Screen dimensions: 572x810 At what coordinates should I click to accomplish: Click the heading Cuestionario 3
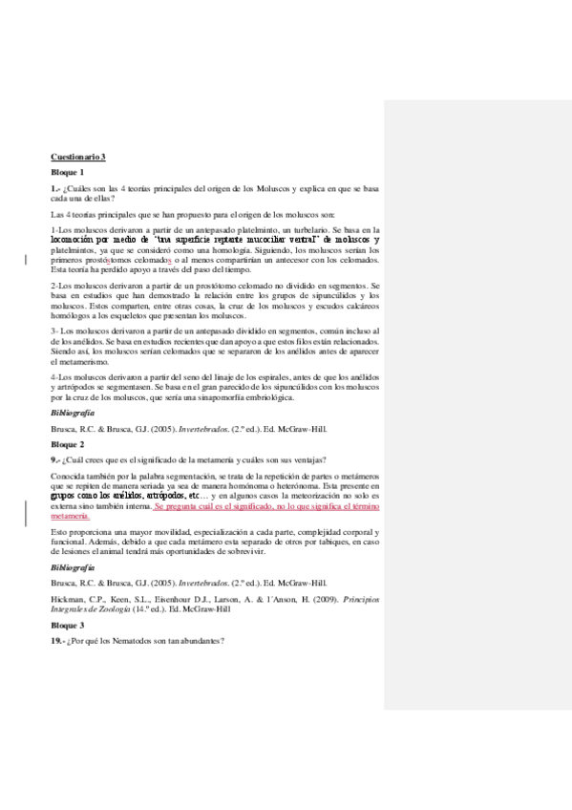tap(78, 156)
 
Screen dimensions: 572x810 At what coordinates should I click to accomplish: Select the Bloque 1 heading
tap(68, 171)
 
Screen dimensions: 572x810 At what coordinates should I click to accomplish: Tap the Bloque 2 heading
tap(68, 444)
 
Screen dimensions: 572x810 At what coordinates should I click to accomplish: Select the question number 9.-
tap(55, 459)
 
